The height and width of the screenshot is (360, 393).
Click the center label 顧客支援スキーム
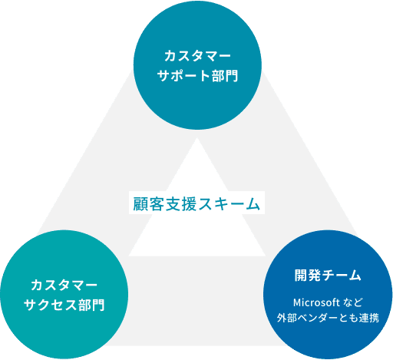(x=196, y=204)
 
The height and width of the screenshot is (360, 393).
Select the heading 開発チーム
(x=328, y=276)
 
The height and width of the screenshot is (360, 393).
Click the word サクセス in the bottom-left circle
(x=50, y=305)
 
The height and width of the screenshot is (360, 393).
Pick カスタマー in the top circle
(x=197, y=56)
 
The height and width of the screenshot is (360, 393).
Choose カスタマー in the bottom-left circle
(x=64, y=285)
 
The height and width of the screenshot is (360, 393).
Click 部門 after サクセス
(x=91, y=305)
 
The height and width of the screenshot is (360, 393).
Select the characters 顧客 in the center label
(x=149, y=204)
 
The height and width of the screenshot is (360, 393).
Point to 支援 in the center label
(x=180, y=204)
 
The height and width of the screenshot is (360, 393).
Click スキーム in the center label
(x=229, y=204)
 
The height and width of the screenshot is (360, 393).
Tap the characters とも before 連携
(x=348, y=318)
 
